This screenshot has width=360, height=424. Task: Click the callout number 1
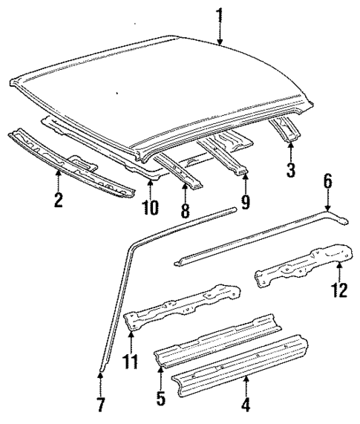(x=220, y=13)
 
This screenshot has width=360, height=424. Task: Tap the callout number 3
(x=291, y=170)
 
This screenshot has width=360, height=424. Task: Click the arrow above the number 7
(x=101, y=384)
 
